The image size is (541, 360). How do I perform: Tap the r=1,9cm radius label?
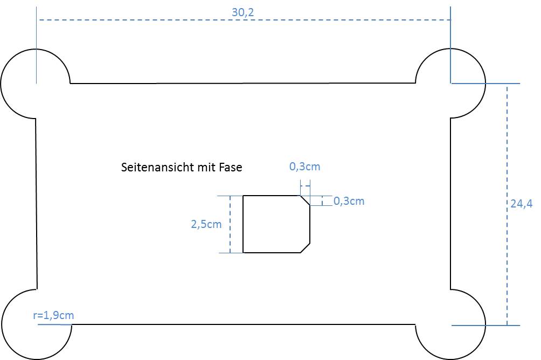pyautogui.click(x=53, y=316)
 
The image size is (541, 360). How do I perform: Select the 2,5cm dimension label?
pyautogui.click(x=206, y=224)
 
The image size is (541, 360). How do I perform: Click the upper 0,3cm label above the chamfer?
pyautogui.click(x=304, y=167)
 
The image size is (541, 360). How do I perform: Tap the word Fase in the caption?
pyautogui.click(x=231, y=168)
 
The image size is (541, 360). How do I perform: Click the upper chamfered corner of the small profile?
pyautogui.click(x=305, y=200)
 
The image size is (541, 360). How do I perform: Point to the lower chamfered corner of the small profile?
pyautogui.click(x=305, y=247)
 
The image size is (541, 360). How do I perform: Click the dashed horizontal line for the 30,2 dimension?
pyautogui.click(x=162, y=20)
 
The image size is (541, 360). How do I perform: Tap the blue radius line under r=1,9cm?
pyautogui.click(x=54, y=325)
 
